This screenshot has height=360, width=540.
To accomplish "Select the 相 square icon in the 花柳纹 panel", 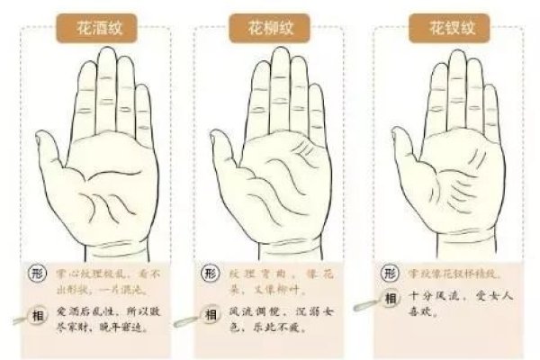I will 210,314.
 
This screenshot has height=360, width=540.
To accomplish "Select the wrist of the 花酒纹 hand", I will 99,243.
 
